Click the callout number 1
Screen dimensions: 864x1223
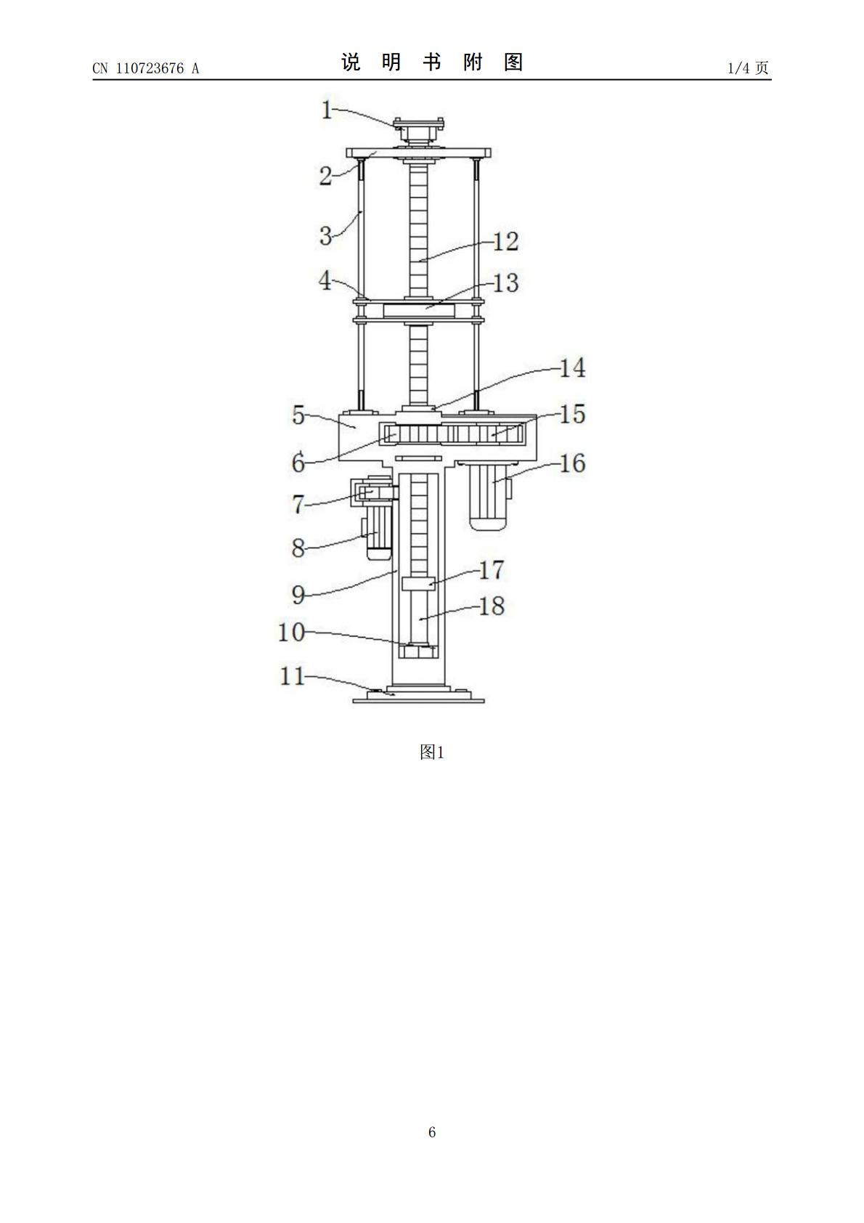click(x=327, y=110)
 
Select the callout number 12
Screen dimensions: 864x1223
click(x=505, y=242)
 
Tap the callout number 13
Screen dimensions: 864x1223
click(x=505, y=283)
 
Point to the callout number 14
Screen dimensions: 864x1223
click(x=573, y=367)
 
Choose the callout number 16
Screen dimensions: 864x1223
click(x=573, y=463)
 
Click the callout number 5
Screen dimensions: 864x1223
click(x=298, y=415)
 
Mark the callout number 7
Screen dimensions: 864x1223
click(x=298, y=504)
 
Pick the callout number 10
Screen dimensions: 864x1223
click(x=291, y=633)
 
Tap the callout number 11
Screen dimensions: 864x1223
click(x=292, y=676)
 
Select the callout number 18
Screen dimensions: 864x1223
click(x=492, y=606)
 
